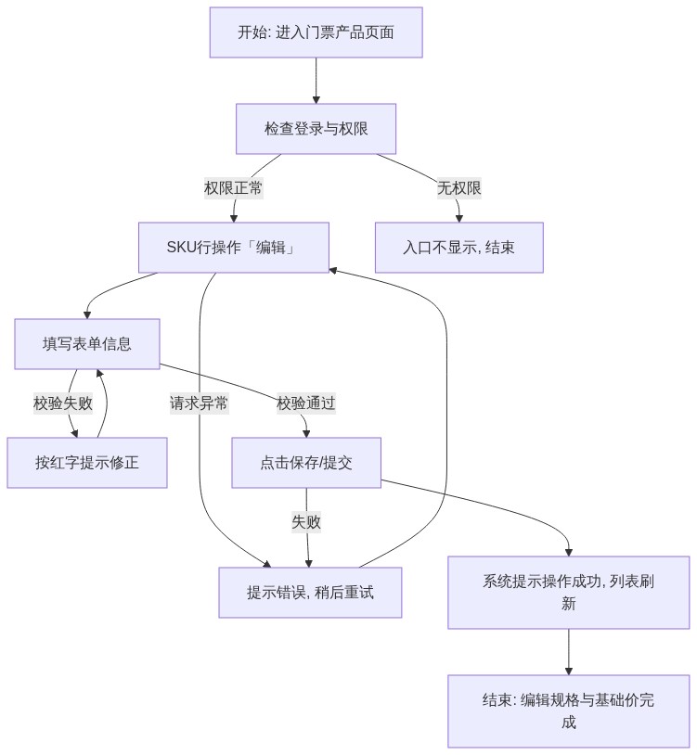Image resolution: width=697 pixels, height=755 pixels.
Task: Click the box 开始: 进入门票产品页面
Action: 316,32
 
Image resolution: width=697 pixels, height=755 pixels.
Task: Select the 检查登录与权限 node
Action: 316,129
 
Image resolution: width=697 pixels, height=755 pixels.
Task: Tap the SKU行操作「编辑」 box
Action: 234,248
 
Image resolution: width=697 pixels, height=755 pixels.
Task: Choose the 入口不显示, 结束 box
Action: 459,248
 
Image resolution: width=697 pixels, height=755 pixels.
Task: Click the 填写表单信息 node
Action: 87,344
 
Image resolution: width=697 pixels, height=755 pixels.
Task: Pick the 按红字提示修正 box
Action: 87,463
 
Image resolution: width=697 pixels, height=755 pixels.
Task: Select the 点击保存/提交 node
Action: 306,463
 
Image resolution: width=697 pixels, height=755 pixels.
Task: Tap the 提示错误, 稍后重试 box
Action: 310,593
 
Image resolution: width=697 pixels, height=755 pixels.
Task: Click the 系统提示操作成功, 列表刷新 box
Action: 568,593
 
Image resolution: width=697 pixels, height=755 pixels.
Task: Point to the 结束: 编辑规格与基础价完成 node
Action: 568,711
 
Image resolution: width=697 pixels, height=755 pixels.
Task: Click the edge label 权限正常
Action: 234,187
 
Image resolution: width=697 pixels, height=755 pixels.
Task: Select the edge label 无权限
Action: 459,187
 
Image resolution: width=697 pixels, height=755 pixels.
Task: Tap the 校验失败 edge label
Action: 63,403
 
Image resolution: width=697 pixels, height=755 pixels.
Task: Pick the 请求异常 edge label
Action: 199,403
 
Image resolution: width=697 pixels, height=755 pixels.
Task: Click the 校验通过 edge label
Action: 306,403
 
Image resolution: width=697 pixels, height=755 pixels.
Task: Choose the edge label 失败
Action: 306,522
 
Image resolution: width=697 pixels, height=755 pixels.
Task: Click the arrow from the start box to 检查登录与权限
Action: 316,81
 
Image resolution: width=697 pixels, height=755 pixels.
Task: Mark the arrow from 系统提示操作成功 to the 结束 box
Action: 568,652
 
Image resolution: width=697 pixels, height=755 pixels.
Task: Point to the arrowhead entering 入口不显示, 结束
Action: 459,219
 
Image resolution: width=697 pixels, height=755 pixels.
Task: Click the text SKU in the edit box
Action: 176,248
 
